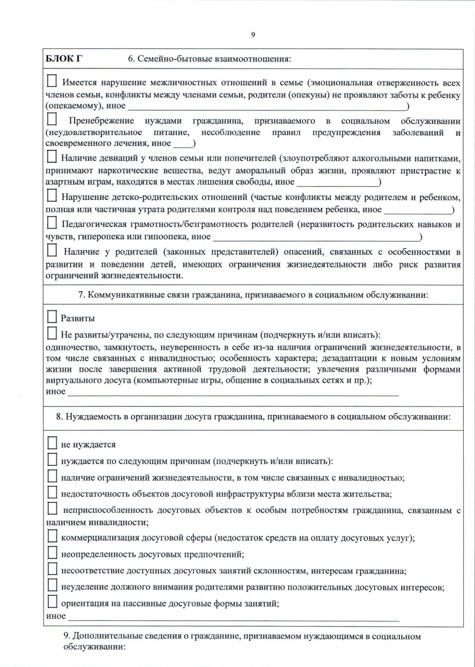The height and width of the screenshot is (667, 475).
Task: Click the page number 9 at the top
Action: (x=253, y=35)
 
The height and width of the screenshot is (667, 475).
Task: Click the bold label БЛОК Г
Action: (x=64, y=59)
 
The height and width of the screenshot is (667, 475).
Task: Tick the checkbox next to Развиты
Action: (x=52, y=317)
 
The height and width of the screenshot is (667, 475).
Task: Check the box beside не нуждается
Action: (x=52, y=443)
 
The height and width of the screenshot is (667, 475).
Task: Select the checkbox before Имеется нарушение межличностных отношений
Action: (x=52, y=81)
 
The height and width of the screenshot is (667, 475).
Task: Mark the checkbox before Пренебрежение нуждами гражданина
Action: (x=52, y=119)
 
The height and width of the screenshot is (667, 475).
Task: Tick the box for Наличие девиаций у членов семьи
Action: (x=52, y=157)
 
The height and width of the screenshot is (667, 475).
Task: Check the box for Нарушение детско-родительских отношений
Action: (x=52, y=195)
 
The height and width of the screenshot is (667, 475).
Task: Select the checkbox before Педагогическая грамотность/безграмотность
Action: (x=52, y=223)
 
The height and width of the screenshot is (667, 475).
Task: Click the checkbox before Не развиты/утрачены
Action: (x=52, y=333)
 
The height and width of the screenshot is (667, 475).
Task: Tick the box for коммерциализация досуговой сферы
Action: (x=52, y=536)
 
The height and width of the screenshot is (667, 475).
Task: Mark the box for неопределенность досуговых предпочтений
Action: (x=52, y=553)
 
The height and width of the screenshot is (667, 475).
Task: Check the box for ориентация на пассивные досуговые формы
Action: (x=52, y=602)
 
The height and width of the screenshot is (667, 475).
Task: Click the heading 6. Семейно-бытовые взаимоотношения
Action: (x=209, y=59)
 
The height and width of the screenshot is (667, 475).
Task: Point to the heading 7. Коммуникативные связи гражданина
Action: (x=253, y=295)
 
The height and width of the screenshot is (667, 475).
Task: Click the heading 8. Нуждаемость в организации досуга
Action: (x=253, y=417)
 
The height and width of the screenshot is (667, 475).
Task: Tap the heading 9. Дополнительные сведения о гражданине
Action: (x=242, y=637)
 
